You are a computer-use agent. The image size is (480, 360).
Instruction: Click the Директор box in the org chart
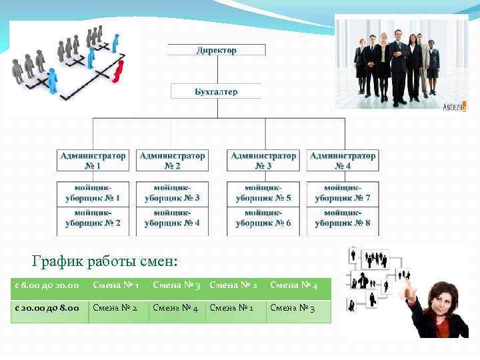tap(216, 50)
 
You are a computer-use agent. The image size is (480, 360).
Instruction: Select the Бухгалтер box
tap(216, 91)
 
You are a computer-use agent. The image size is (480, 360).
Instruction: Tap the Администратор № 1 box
tap(93, 161)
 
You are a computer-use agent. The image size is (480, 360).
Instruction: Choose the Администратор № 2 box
tap(172, 161)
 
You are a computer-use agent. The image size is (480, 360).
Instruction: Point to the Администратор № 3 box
tap(263, 161)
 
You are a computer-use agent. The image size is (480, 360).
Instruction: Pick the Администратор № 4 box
tap(343, 161)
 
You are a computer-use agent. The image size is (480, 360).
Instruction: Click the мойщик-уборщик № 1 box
tap(93, 193)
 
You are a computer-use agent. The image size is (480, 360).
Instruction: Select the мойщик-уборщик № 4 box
tap(172, 218)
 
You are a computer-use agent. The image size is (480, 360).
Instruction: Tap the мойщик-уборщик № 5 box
tap(263, 193)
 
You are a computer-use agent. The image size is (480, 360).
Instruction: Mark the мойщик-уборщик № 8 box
tap(343, 218)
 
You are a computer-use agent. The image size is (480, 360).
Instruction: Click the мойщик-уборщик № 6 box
tap(263, 218)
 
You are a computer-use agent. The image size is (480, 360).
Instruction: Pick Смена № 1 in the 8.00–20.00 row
tap(116, 286)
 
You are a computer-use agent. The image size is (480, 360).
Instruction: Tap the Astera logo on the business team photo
tap(455, 105)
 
